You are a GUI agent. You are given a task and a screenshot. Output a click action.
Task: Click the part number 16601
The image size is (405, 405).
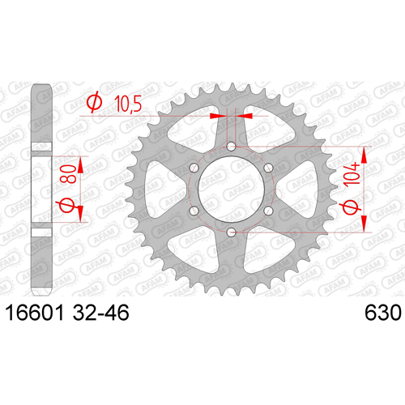pos(35,313)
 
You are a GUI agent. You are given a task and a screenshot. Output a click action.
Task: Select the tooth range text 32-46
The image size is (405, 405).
pos(100,313)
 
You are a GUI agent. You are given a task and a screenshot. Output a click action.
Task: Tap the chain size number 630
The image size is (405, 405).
pos(383,313)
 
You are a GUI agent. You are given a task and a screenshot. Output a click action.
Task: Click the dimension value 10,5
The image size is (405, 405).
pos(128,104)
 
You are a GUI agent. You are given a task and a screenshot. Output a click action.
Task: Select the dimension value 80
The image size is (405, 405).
pos(69,174)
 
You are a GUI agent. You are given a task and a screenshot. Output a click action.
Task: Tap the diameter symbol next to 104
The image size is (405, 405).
pos(352,207)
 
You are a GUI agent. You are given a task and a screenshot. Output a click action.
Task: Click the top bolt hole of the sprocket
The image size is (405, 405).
pos(231,147)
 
